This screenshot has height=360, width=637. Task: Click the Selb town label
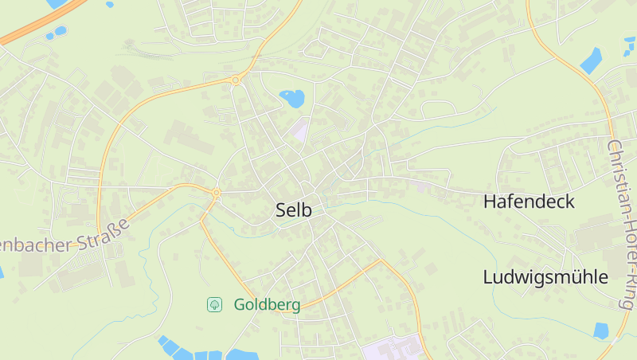(x=293, y=210)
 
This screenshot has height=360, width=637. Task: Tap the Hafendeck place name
(x=529, y=202)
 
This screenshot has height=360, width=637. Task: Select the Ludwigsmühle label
(x=545, y=277)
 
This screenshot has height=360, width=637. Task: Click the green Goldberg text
(x=267, y=304)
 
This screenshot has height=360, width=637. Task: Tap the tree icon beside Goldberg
(x=214, y=304)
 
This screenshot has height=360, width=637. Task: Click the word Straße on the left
(x=104, y=234)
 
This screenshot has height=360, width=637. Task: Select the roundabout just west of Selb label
(x=216, y=193)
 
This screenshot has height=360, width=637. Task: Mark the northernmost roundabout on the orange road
(x=236, y=80)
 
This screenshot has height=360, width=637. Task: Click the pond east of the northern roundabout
(x=292, y=99)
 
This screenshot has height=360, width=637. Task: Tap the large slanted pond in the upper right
(x=591, y=61)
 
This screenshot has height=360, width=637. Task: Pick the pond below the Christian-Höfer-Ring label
(x=602, y=330)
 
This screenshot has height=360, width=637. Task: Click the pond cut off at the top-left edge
(x=56, y=3)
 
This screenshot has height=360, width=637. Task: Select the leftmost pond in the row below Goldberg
(x=168, y=346)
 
